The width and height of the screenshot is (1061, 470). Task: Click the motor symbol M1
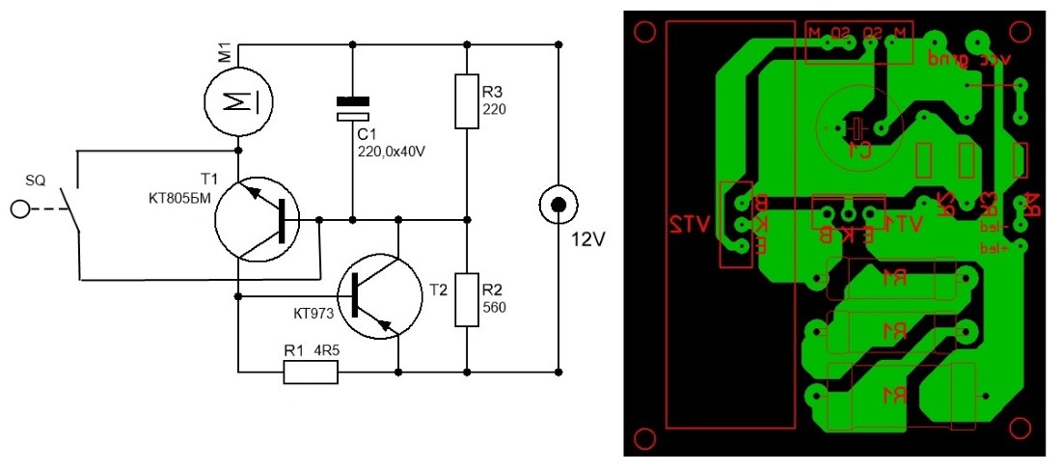237,101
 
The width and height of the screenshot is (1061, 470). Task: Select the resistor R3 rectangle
467,100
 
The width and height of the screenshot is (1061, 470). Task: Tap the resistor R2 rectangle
467,300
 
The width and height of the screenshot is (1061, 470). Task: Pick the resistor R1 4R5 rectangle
312,372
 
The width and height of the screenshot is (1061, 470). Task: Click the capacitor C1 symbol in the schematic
352,109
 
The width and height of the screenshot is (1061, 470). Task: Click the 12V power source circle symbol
558,204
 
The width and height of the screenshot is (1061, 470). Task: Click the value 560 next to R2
493,308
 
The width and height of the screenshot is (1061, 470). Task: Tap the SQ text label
36,180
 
